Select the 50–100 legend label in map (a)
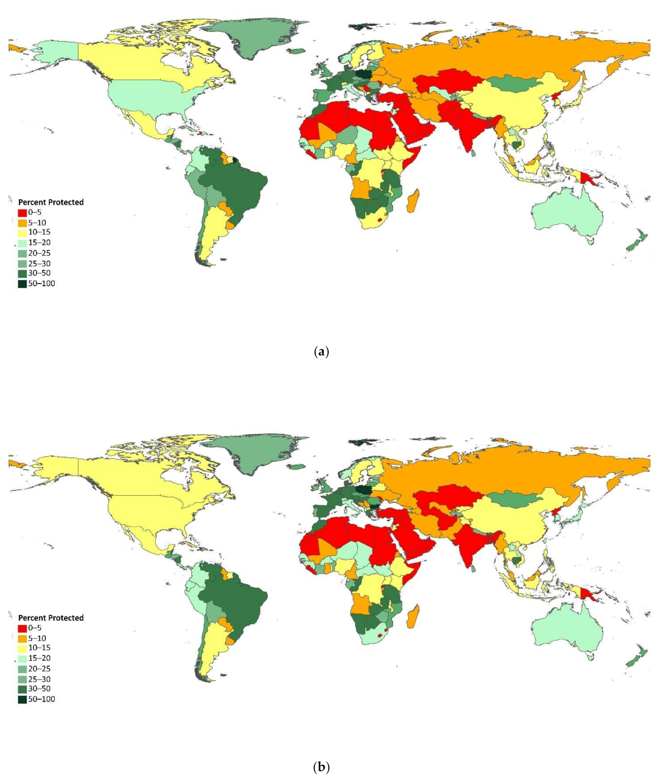[x=41, y=284]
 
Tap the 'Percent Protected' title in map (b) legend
[x=51, y=618]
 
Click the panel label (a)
[x=321, y=352]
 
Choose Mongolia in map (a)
[x=513, y=83]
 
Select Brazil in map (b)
[x=234, y=599]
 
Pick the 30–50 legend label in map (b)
[x=39, y=689]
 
